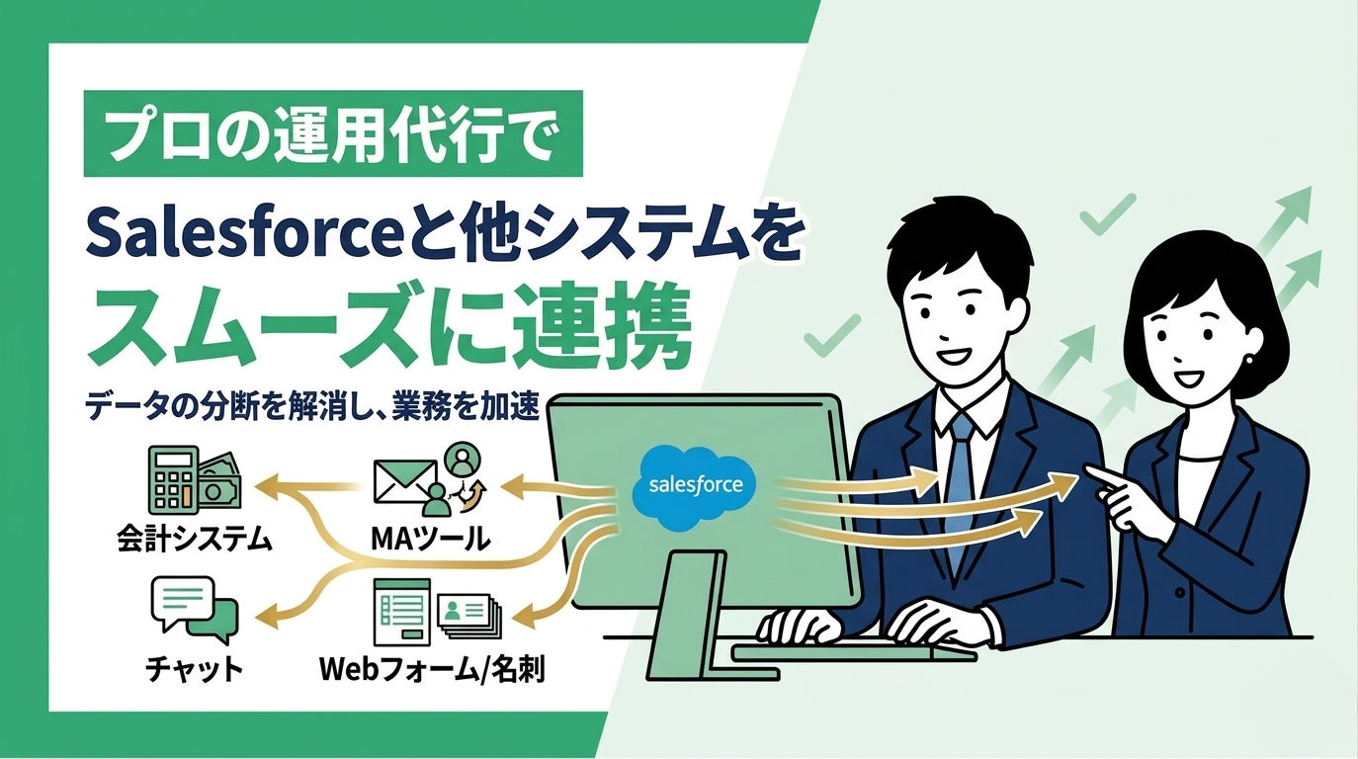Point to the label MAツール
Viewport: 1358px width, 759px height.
coord(429,540)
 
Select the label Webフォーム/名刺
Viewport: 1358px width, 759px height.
coord(432,669)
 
